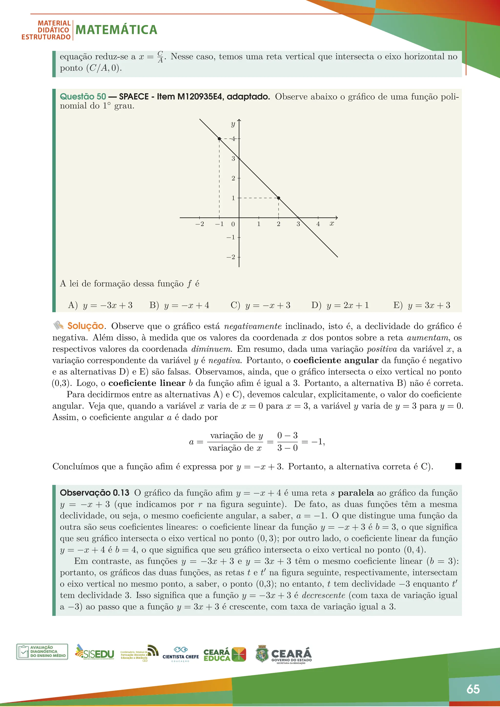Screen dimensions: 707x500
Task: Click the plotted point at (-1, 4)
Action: [219, 139]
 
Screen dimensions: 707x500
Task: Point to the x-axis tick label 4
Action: [318, 224]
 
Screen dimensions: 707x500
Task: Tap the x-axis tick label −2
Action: [199, 224]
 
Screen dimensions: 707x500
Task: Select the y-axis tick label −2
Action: [231, 257]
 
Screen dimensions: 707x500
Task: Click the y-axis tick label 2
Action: [233, 178]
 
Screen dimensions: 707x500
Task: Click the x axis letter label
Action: [332, 224]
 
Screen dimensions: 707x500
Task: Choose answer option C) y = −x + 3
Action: [260, 305]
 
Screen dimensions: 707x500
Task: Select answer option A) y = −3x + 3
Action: [100, 305]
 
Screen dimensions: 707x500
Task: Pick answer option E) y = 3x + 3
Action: [422, 305]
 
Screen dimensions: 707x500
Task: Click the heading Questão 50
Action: [83, 97]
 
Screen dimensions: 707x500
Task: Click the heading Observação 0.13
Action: [94, 493]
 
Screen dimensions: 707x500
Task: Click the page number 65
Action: [473, 689]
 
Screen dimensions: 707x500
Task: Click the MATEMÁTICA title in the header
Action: [116, 30]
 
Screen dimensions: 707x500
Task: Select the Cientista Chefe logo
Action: [180, 654]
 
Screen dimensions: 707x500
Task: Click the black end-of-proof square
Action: [458, 466]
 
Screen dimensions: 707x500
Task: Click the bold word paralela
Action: [356, 493]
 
